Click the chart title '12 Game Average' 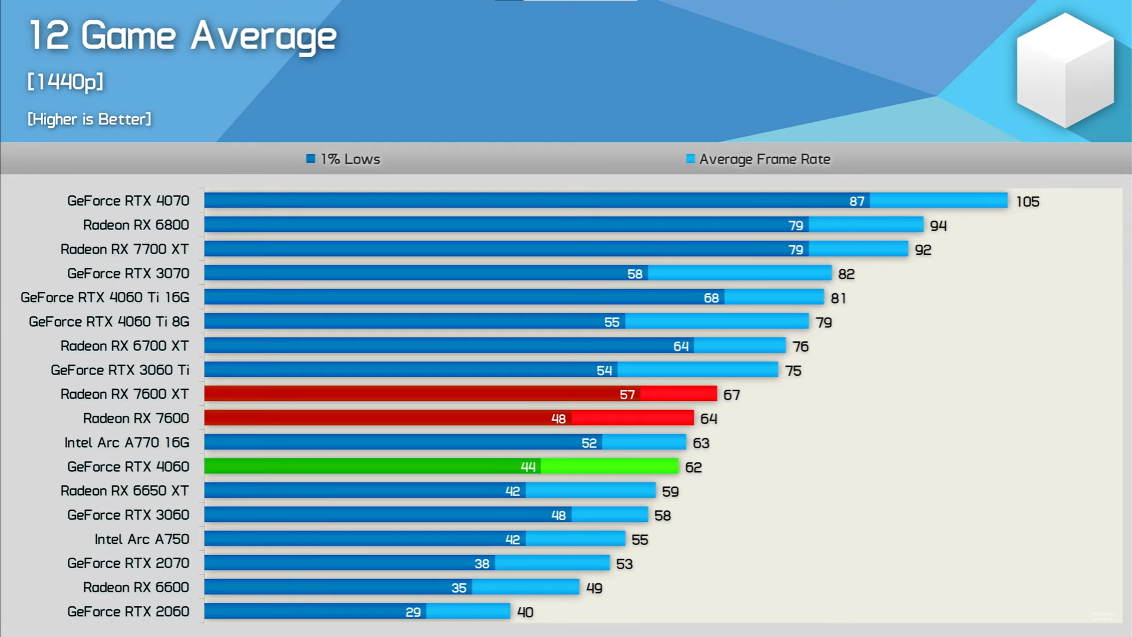[183, 37]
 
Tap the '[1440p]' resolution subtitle [65, 81]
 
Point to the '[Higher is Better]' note [89, 119]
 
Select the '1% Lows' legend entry [344, 159]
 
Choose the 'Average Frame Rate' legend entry [758, 159]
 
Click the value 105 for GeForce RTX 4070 [1027, 202]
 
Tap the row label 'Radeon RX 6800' [136, 225]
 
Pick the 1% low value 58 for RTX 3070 [634, 274]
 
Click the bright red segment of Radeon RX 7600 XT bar [678, 394]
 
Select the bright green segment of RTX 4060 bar [609, 467]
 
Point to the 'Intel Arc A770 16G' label [127, 442]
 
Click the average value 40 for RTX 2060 [525, 612]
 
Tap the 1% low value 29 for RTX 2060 [413, 612]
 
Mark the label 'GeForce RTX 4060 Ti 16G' [105, 297]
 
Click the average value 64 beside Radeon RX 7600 [708, 419]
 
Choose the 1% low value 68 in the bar [711, 298]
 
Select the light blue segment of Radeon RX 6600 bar [525, 587]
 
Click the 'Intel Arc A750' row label [141, 539]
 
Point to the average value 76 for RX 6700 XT [800, 346]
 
